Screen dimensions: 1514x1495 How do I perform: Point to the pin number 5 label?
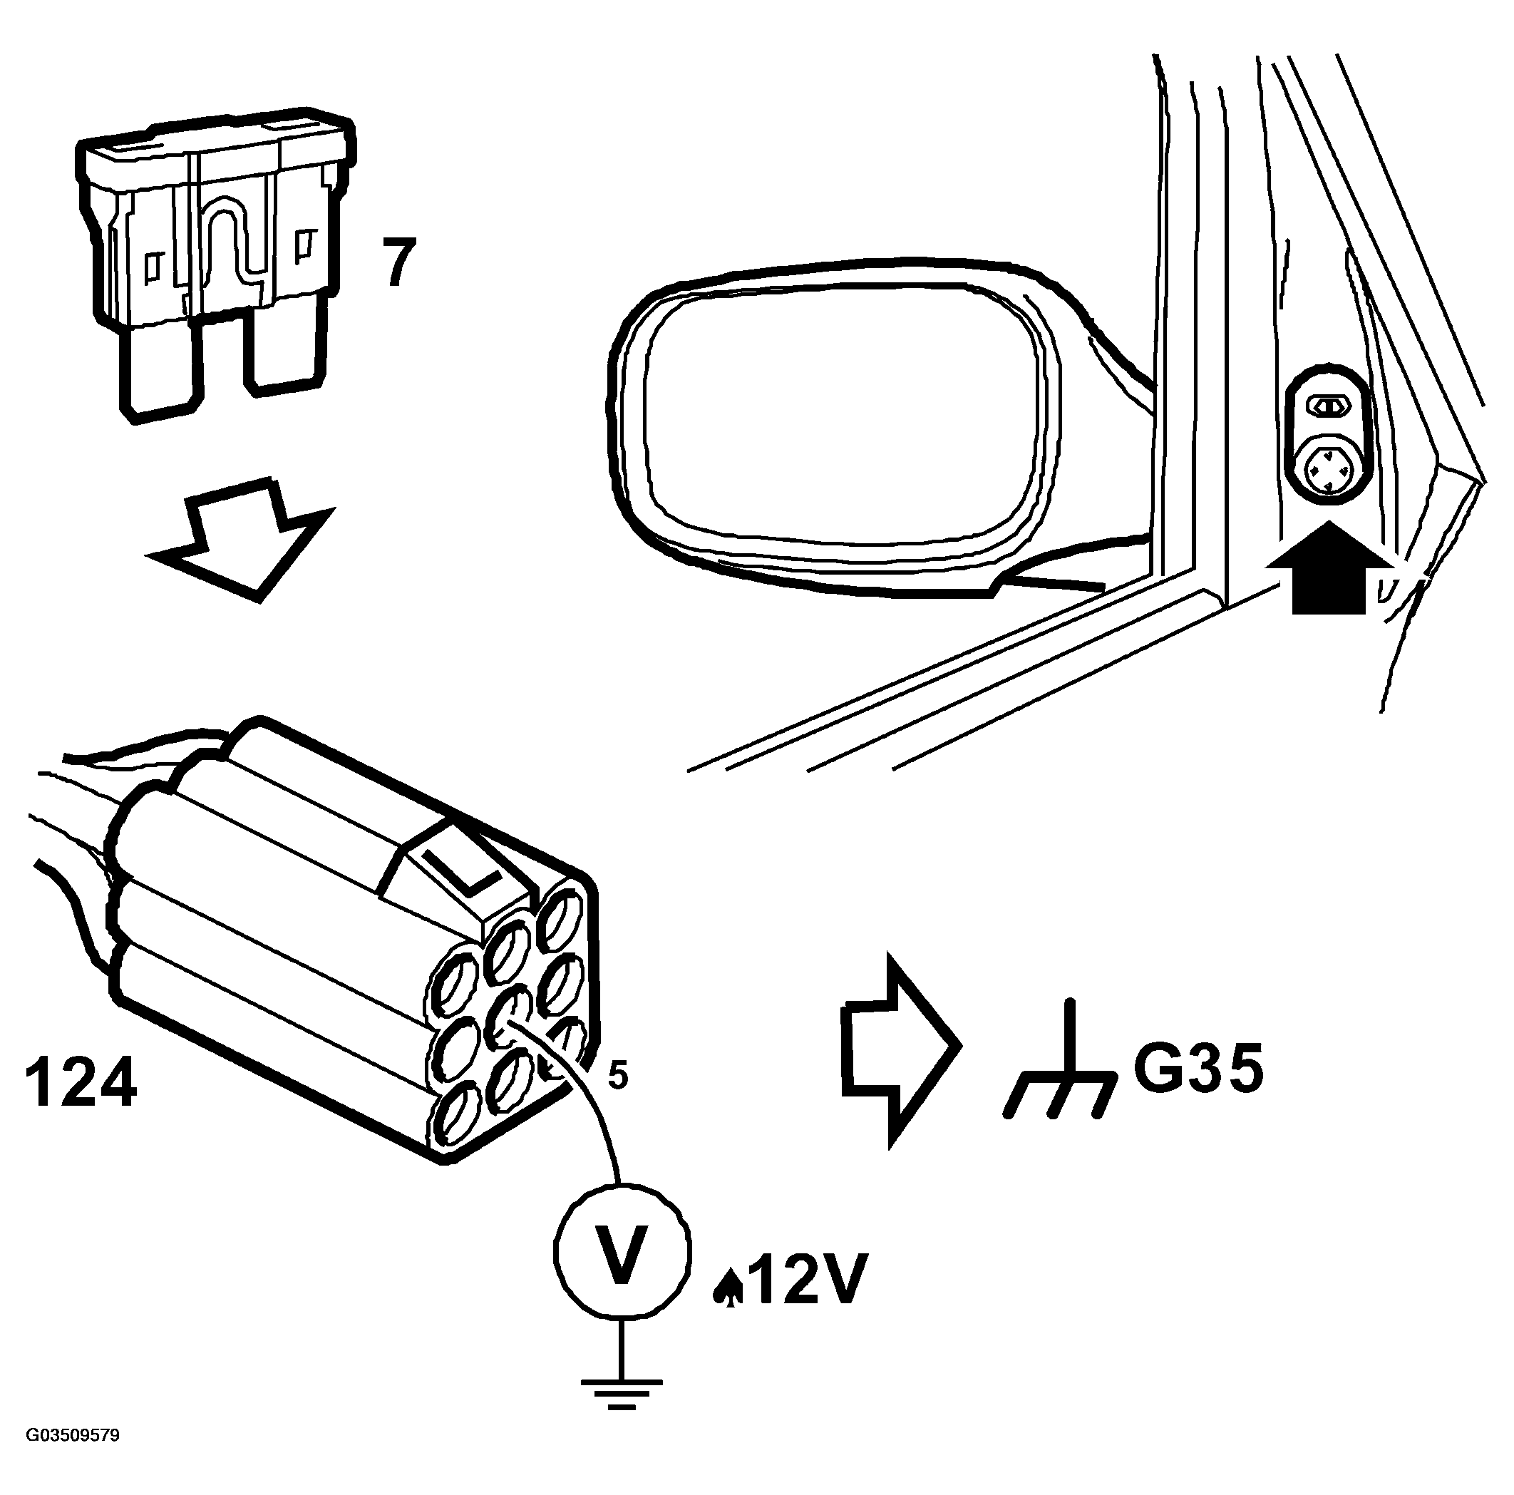pos(617,1077)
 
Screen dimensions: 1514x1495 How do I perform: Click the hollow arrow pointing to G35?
pos(900,1051)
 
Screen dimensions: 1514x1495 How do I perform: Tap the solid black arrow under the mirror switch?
pos(1331,568)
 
